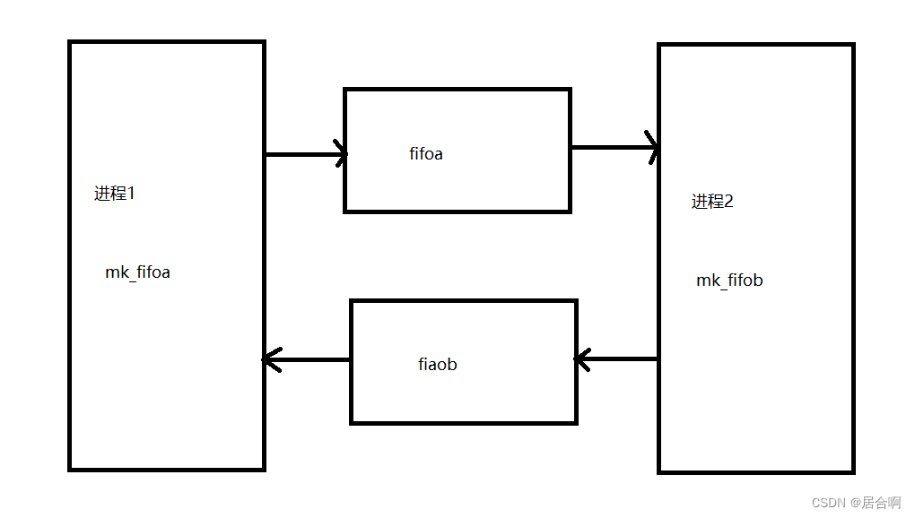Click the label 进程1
(114, 193)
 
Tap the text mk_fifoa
(137, 272)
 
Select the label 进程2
(712, 202)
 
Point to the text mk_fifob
(729, 281)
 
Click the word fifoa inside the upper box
(426, 154)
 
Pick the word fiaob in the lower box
(438, 365)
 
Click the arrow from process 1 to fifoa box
(305, 154)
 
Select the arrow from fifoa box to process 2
(614, 147)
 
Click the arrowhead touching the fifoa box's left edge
(340, 153)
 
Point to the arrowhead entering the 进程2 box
(652, 146)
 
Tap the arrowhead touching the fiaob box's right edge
(581, 360)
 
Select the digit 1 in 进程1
(131, 193)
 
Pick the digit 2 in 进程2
(728, 202)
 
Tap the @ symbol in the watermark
(856, 503)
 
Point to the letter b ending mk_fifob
(758, 281)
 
